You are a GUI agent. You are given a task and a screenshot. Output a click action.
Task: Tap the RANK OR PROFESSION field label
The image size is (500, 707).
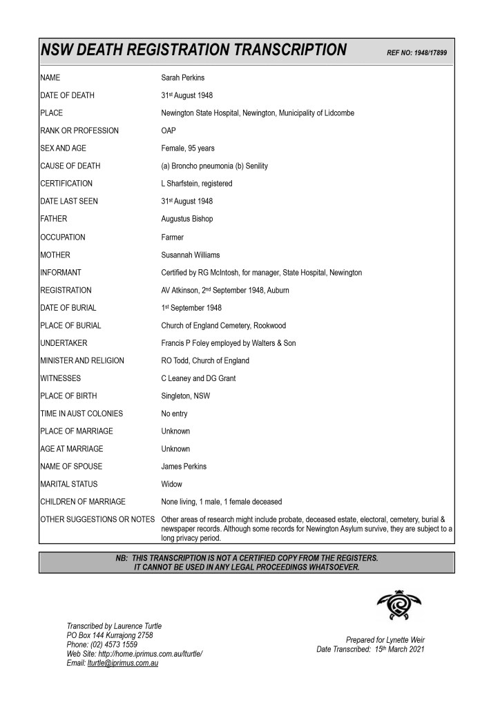pos(79,130)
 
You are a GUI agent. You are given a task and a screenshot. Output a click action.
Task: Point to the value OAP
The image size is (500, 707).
pos(169,130)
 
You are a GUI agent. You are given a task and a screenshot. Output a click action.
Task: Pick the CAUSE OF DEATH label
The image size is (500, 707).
pos(70,166)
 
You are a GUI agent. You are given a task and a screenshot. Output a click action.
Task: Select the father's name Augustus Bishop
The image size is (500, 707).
pos(186,219)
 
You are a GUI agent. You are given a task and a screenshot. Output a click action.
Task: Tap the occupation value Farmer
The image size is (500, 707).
pos(173,237)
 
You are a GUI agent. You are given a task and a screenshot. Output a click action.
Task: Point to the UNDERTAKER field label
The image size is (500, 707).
pos(64,343)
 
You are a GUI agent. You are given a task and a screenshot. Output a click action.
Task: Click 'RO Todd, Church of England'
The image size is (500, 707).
pos(205,360)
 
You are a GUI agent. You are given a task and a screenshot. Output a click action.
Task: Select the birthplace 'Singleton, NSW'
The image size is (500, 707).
pos(186,396)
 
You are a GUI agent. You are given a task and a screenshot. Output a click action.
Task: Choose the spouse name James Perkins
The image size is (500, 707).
pos(184,467)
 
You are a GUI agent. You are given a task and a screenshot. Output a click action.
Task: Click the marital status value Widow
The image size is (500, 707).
pos(172,484)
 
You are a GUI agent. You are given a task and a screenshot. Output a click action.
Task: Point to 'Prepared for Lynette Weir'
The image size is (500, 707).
pos(385,640)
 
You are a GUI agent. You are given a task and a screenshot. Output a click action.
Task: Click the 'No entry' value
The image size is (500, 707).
pos(174,414)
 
